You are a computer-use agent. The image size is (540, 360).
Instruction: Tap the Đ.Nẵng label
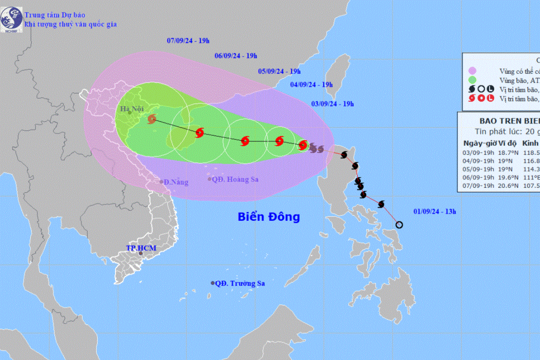click(x=176, y=182)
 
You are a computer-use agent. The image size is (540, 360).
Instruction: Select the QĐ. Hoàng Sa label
click(x=235, y=180)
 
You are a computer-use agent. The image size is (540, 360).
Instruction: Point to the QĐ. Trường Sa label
click(x=241, y=284)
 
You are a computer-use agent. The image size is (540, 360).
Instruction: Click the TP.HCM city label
click(x=141, y=248)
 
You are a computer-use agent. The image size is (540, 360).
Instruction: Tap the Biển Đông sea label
click(x=269, y=217)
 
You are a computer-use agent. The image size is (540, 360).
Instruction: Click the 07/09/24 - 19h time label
click(x=188, y=41)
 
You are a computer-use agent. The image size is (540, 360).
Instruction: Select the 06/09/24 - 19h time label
click(x=236, y=56)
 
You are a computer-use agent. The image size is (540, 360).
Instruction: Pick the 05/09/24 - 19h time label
click(x=279, y=71)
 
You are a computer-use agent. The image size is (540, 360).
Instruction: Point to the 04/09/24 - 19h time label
click(x=311, y=85)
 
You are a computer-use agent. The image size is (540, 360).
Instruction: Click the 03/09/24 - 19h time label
click(x=333, y=104)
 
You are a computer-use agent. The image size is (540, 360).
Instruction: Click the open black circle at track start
click(x=399, y=224)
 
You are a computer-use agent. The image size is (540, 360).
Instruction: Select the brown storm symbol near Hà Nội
click(x=152, y=120)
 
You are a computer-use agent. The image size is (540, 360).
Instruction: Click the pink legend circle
click(x=472, y=71)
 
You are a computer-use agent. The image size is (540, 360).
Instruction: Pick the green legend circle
click(x=472, y=80)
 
